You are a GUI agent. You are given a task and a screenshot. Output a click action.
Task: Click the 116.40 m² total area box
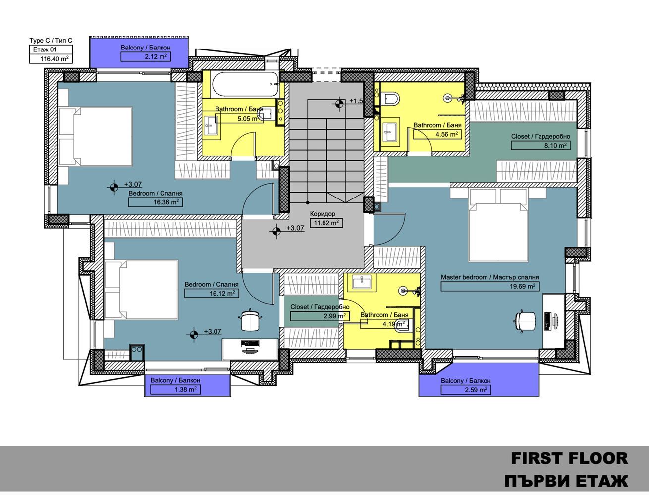[51, 59]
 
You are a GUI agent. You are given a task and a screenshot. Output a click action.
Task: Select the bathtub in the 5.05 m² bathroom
[245, 84]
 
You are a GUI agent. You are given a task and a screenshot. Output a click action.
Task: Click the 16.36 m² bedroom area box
[156, 202]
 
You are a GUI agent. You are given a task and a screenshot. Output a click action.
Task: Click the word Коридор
[323, 214]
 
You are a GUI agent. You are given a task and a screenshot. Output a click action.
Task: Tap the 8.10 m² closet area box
[541, 146]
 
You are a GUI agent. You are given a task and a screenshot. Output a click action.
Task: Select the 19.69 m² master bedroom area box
[489, 286]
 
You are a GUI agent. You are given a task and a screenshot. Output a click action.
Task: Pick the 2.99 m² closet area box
[320, 316]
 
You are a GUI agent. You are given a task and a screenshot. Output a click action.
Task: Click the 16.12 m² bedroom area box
[212, 293]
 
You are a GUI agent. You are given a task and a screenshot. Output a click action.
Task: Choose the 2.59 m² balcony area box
[466, 390]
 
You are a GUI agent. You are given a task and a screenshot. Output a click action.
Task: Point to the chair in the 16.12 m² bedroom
[250, 320]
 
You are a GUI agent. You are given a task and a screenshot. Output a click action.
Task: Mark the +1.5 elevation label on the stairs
[356, 101]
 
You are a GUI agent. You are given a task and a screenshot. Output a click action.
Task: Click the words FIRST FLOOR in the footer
[569, 458]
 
